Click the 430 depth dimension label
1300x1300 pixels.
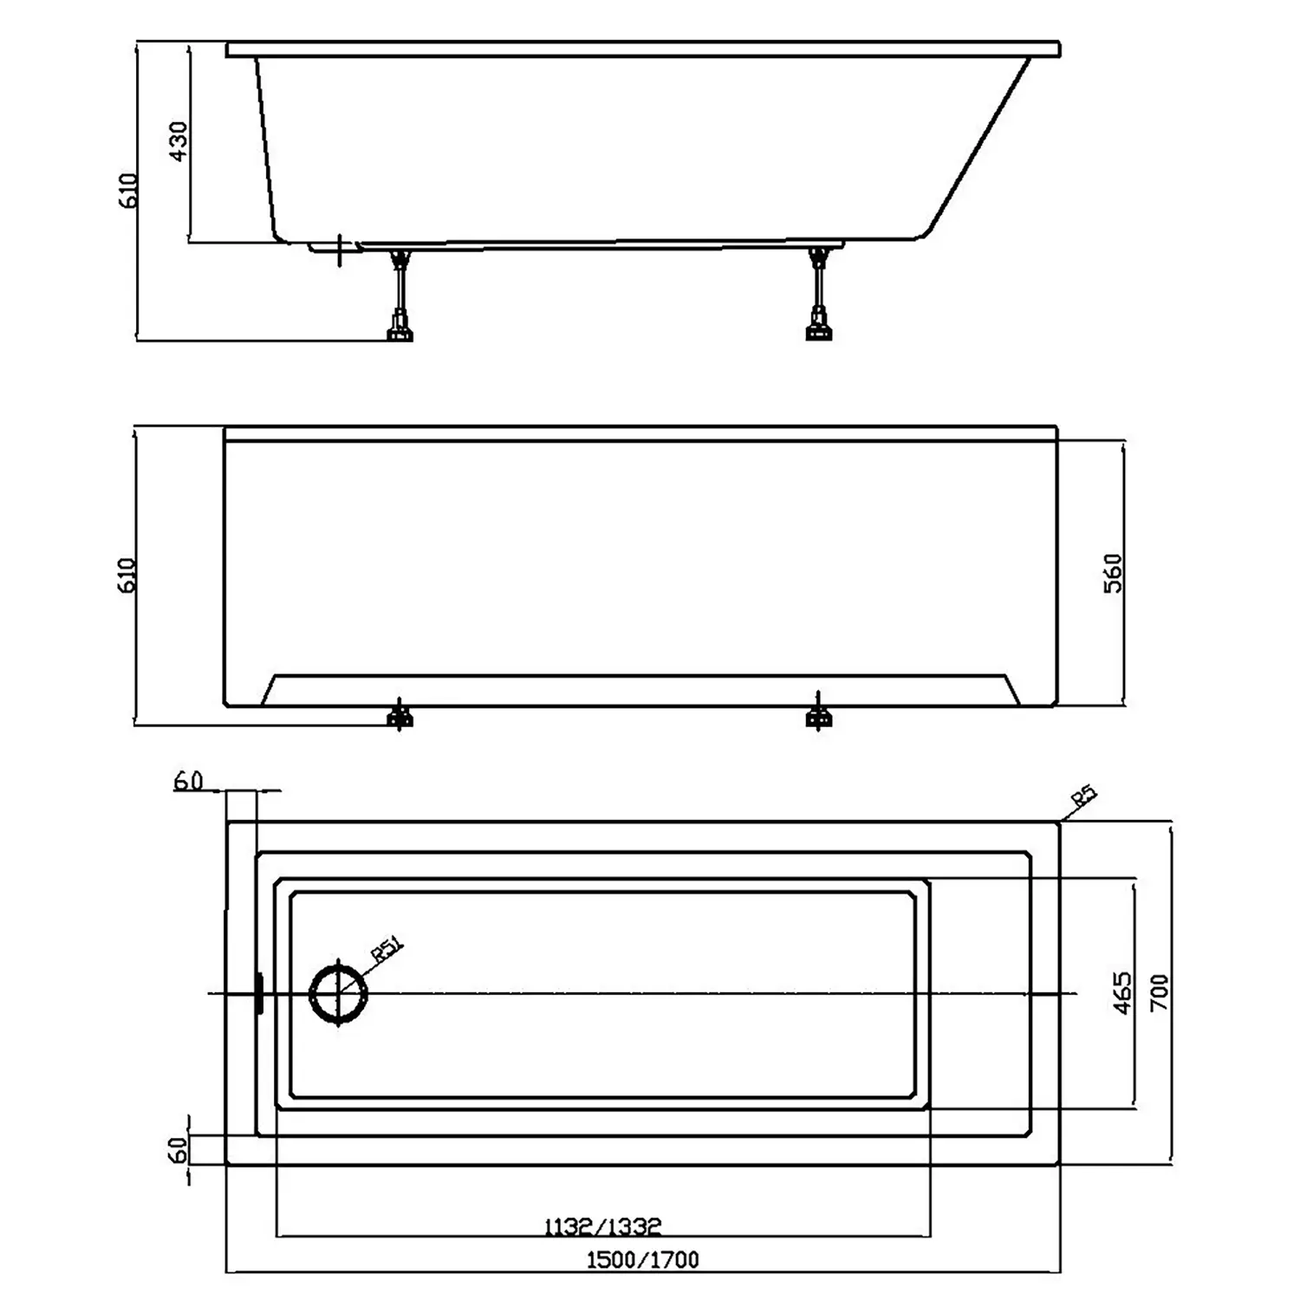click(x=178, y=141)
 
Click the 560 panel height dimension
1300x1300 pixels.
click(x=1113, y=573)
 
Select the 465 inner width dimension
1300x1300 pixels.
click(x=1121, y=993)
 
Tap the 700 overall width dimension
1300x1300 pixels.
click(x=1159, y=993)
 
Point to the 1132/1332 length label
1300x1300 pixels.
click(x=603, y=1226)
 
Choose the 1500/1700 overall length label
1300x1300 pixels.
click(x=642, y=1259)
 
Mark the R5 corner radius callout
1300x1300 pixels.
click(x=1084, y=796)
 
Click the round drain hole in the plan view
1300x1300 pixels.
click(x=339, y=994)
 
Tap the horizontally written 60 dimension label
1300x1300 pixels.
click(x=188, y=781)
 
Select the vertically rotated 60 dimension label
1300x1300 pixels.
click(x=177, y=1150)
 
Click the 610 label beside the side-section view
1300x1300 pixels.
click(x=127, y=190)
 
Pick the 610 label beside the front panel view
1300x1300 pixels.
click(x=127, y=575)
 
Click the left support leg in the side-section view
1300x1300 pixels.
click(x=400, y=295)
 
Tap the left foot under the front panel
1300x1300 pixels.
click(x=400, y=715)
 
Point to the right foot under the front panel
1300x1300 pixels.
click(x=818, y=715)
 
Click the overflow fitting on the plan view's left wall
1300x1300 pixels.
click(x=258, y=993)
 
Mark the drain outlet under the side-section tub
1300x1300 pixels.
click(x=340, y=250)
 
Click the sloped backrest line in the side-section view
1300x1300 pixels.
click(x=979, y=147)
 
